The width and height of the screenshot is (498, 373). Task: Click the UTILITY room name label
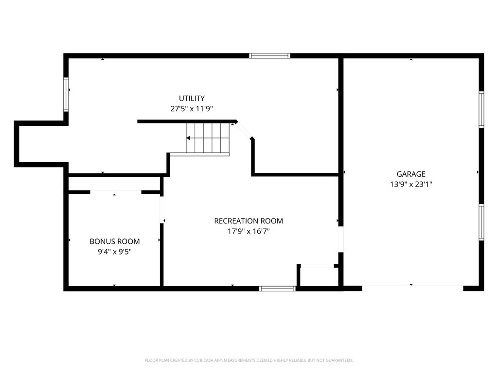(x=192, y=98)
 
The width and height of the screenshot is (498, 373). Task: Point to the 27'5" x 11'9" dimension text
(x=192, y=109)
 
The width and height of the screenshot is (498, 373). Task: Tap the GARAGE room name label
(x=411, y=174)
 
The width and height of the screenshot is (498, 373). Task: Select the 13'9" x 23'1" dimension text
(x=411, y=184)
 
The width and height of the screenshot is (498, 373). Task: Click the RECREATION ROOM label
(x=249, y=221)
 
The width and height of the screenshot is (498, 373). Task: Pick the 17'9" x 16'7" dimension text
(x=249, y=231)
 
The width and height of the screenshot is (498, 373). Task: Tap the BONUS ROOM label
(x=115, y=241)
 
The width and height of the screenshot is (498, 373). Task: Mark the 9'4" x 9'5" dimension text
(x=115, y=252)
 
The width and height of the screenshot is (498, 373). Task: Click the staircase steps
(x=208, y=138)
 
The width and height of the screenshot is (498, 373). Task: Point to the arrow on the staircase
(x=189, y=138)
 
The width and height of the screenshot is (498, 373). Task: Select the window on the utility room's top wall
(x=269, y=56)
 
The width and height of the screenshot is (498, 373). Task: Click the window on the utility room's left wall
(x=66, y=95)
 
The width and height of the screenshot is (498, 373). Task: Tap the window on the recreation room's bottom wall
(x=277, y=288)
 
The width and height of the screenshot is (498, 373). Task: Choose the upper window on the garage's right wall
(x=481, y=110)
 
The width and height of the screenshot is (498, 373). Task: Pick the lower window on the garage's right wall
(x=481, y=222)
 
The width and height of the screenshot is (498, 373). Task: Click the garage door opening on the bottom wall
(x=412, y=288)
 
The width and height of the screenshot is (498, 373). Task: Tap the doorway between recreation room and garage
(x=341, y=239)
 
